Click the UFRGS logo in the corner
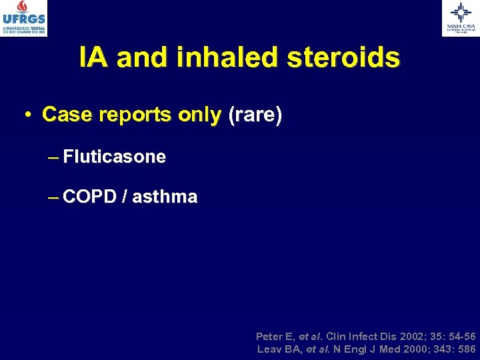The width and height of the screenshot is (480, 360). [24, 18]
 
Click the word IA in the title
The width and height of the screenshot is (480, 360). [94, 58]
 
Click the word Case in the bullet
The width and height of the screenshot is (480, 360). [65, 115]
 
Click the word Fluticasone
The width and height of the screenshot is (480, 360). [115, 157]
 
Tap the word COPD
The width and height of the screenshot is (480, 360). [90, 197]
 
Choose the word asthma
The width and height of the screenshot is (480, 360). [165, 197]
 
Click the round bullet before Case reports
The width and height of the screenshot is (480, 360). [27, 116]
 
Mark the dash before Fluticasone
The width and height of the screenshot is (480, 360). [53, 158]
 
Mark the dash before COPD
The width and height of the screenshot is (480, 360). [53, 198]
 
